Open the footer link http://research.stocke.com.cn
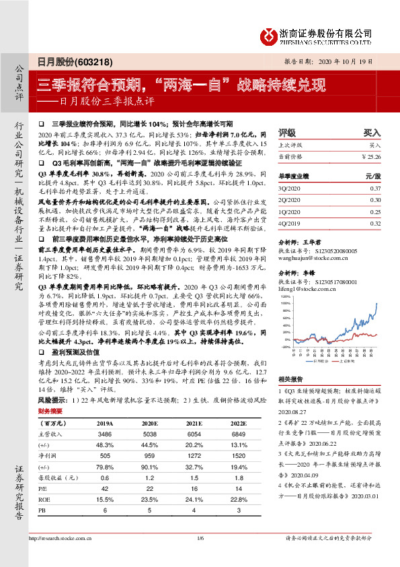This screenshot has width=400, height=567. (x=62, y=556)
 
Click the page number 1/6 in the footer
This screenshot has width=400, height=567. (x=200, y=556)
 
